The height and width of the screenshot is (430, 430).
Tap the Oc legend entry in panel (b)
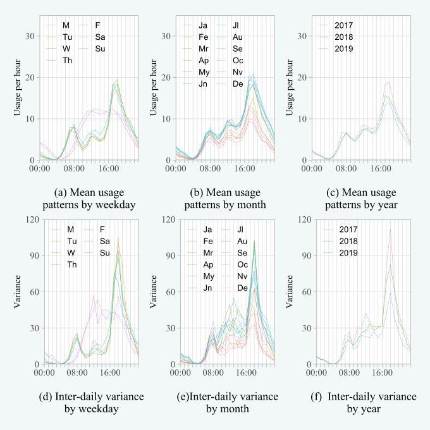coord(237,60)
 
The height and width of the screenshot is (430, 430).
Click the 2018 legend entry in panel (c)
coord(344,36)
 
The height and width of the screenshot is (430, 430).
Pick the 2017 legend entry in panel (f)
coord(344,229)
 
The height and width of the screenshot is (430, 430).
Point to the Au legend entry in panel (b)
coord(237,36)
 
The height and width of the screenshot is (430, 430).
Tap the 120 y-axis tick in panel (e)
coord(164,219)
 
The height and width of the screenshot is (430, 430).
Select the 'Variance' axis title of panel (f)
coord(288,292)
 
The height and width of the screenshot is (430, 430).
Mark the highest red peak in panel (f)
coord(390,229)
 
